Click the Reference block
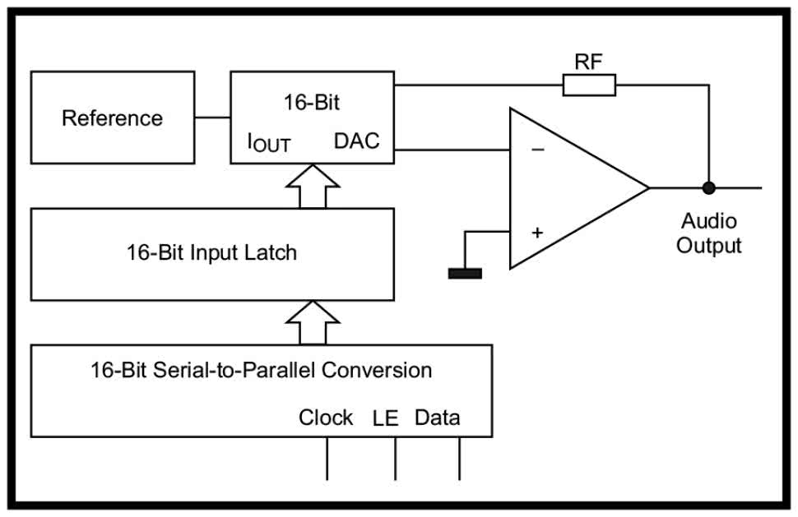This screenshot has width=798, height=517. coord(113,118)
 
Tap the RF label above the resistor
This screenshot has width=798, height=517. coord(589,62)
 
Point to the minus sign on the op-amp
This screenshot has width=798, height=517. coord(537,150)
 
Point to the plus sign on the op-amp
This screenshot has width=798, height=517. coord(537,233)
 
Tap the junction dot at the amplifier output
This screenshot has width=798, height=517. coord(708,187)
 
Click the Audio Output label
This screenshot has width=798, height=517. coord(708,233)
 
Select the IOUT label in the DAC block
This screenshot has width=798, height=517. coord(269,143)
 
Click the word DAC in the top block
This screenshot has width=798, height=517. coord(357,141)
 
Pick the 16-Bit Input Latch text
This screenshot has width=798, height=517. coord(211,252)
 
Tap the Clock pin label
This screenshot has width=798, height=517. coord(326,418)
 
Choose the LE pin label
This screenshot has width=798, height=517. coord(385,418)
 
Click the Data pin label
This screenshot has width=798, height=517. coord(437,418)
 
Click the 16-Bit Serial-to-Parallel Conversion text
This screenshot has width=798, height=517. coord(261,370)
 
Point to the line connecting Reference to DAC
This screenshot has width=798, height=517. coord(212,118)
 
